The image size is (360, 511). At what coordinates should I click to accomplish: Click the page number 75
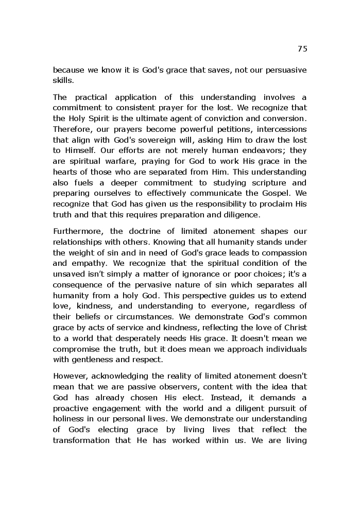coord(302,49)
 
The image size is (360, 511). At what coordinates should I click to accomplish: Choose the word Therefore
coord(72,129)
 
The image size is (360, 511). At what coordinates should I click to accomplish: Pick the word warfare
coord(111,161)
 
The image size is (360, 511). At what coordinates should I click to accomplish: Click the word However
coord(69,376)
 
